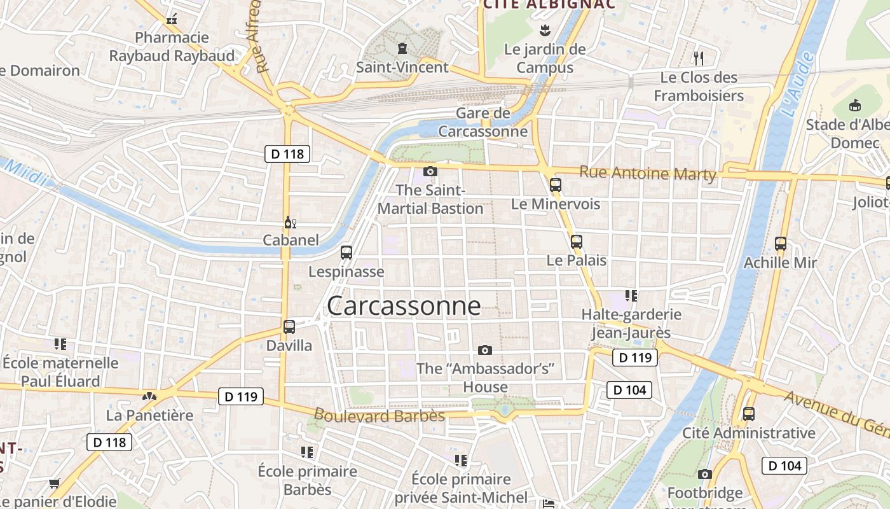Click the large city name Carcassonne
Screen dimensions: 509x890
(x=404, y=306)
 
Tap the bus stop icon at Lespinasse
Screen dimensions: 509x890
(x=346, y=252)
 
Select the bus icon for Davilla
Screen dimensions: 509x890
(x=289, y=327)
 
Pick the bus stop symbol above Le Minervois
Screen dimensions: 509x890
(x=556, y=185)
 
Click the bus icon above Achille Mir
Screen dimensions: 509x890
(x=781, y=243)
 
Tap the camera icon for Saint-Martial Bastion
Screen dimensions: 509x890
(x=430, y=171)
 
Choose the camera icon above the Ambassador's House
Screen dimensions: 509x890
(x=485, y=350)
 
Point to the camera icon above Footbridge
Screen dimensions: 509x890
(x=704, y=474)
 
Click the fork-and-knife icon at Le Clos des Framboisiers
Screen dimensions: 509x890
(x=699, y=59)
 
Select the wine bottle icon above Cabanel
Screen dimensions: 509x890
(x=290, y=222)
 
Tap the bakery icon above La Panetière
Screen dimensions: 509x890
(x=149, y=396)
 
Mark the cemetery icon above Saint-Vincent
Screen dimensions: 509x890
(x=402, y=48)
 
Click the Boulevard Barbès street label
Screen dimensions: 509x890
(x=379, y=416)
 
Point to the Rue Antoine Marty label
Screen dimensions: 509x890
(x=647, y=173)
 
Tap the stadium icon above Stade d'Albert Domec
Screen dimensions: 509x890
(x=855, y=105)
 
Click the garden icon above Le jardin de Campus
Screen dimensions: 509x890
(x=544, y=29)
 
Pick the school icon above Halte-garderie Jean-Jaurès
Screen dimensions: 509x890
(x=631, y=295)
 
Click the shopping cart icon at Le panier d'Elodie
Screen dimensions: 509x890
(x=54, y=484)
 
